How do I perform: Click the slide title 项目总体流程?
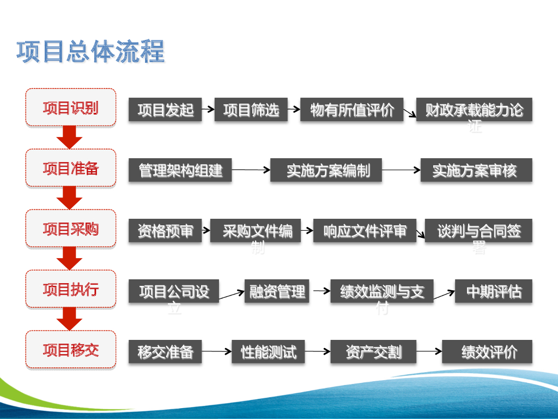coord(90,52)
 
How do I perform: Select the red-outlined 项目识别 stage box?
coord(71,107)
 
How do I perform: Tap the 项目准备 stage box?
coord(71,168)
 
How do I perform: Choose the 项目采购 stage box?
coord(71,229)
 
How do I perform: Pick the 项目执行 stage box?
coord(71,289)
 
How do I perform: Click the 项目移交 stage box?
coord(71,350)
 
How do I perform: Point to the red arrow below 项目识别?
coord(70,137)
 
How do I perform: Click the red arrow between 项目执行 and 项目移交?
coord(70,319)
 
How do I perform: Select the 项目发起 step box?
coord(165,110)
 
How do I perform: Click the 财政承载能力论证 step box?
coord(474,110)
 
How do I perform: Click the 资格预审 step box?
coord(165,231)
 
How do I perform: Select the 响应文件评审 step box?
coord(365,231)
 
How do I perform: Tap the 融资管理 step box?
coord(277,291)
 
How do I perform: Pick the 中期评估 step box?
coord(493,291)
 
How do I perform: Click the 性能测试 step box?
coord(268,352)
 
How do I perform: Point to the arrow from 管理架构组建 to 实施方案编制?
coord(251,170)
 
